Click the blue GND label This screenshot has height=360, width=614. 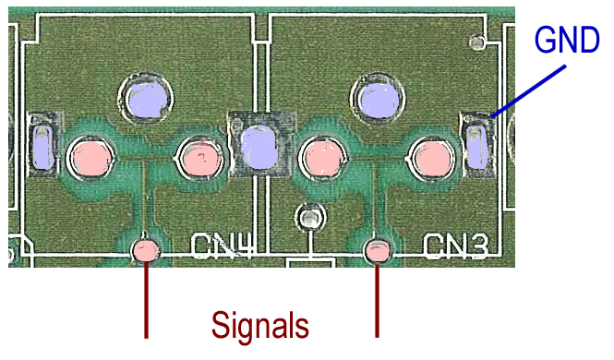567,40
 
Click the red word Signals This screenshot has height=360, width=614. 260,325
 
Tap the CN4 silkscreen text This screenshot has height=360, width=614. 222,246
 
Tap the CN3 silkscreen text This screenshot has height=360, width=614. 456,246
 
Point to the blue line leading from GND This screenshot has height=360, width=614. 529,91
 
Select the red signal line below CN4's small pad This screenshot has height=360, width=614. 147,300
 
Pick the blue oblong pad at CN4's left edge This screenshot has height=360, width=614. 42,147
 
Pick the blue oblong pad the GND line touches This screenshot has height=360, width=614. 477,147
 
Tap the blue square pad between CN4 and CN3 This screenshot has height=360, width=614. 259,147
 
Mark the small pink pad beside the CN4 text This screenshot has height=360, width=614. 146,250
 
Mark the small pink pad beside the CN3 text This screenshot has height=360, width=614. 378,250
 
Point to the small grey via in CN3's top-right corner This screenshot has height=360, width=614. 477,42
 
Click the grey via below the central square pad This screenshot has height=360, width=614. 311,218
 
